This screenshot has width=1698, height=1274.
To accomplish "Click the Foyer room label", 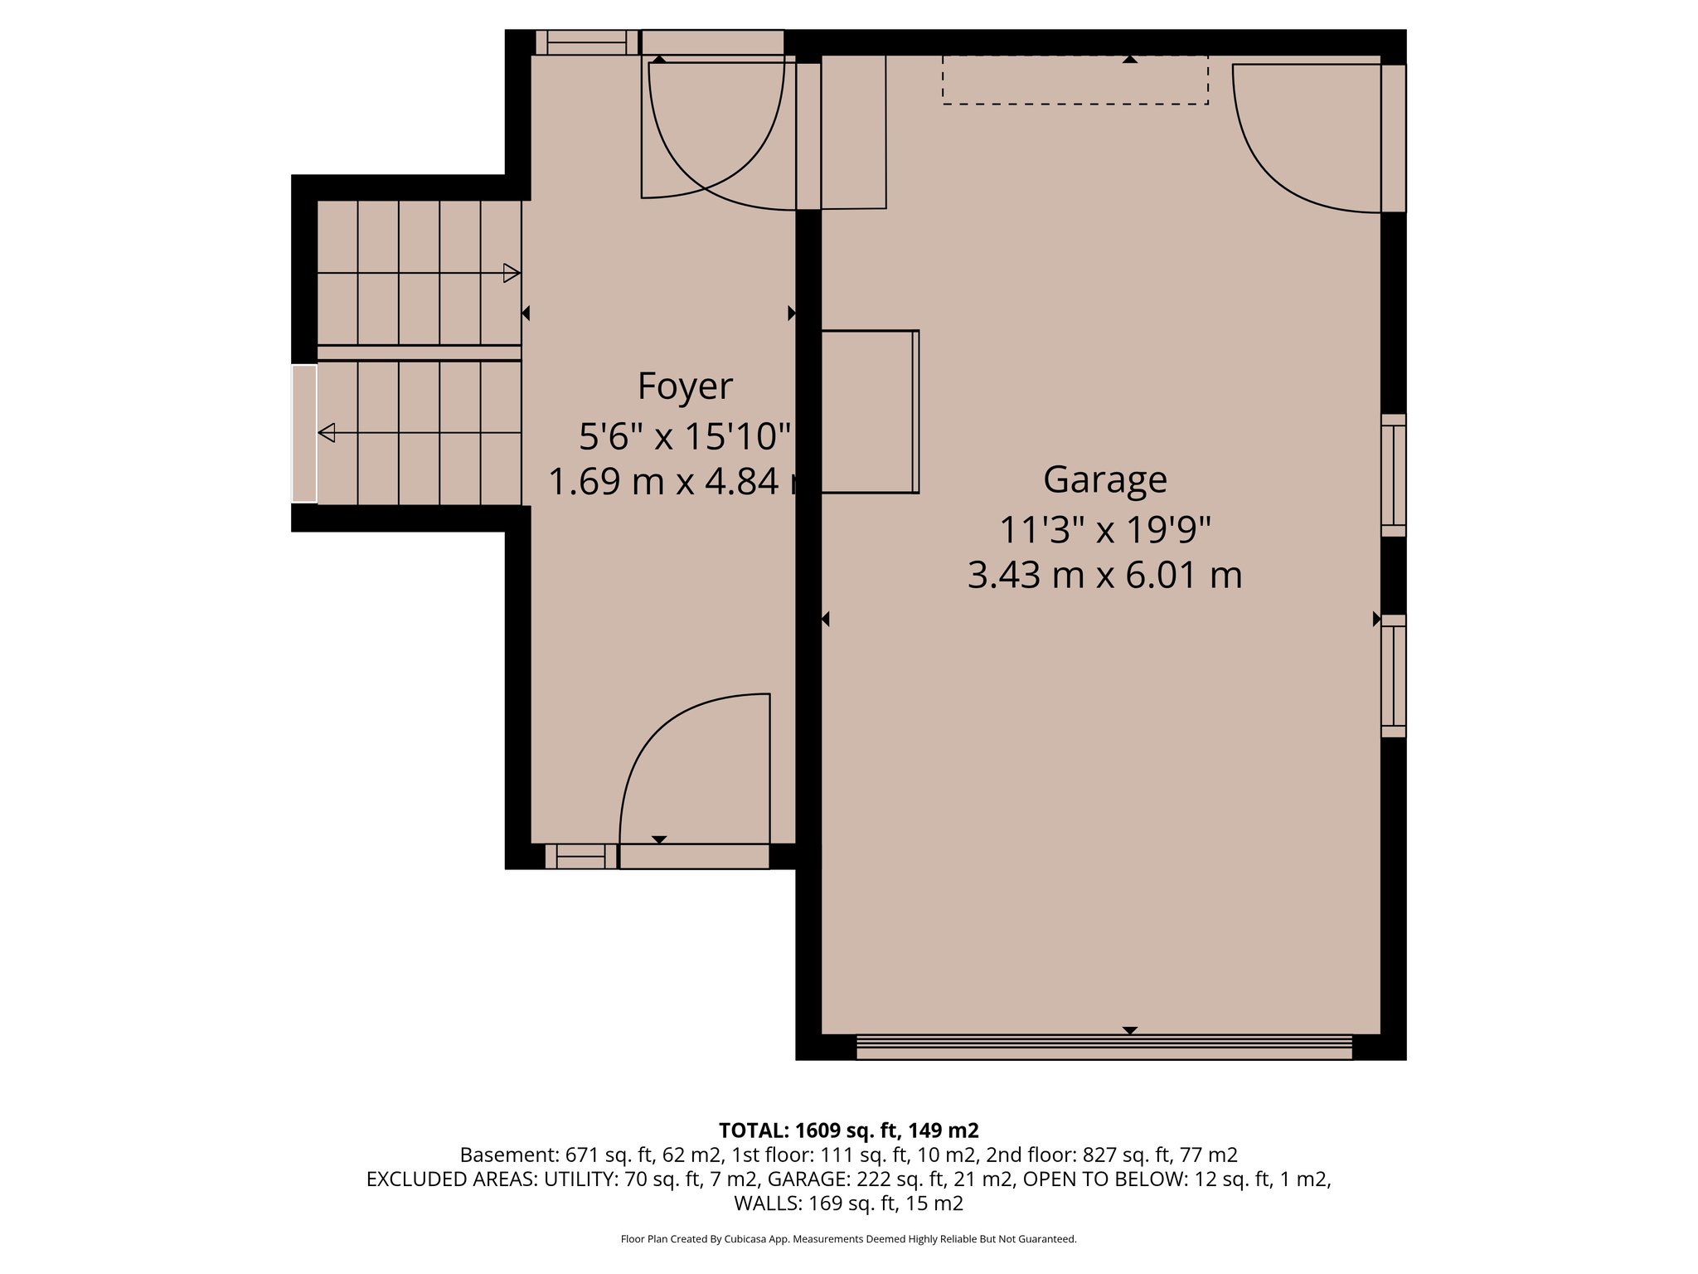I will (x=685, y=387).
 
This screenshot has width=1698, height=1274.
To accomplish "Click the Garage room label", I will (x=1104, y=479).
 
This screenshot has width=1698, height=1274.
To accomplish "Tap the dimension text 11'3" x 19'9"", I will (x=1104, y=530).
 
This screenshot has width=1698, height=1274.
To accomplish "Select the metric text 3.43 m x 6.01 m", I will (x=1104, y=575).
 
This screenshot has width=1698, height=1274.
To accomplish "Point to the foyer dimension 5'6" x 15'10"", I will (x=685, y=436).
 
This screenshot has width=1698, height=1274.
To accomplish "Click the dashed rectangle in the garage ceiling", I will (x=1075, y=80).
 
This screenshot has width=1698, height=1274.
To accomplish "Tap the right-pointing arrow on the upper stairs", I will (x=512, y=273).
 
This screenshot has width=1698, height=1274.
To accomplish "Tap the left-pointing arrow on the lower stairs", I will (x=327, y=432).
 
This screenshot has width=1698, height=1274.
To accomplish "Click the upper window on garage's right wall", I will (x=1393, y=475).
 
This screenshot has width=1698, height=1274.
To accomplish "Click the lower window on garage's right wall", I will (x=1393, y=676).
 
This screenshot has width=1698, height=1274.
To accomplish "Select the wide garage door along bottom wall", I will (x=1104, y=1047).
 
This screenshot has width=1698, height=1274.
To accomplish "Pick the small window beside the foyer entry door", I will (x=580, y=856).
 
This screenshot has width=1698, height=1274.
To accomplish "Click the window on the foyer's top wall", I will (x=586, y=42).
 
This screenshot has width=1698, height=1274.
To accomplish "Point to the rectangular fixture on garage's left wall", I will (x=870, y=412).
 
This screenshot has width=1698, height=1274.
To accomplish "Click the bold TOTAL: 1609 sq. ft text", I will (x=848, y=1131).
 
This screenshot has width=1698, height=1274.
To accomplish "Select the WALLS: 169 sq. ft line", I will (x=848, y=1203).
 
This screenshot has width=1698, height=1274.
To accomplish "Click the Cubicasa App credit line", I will (x=848, y=1239).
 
